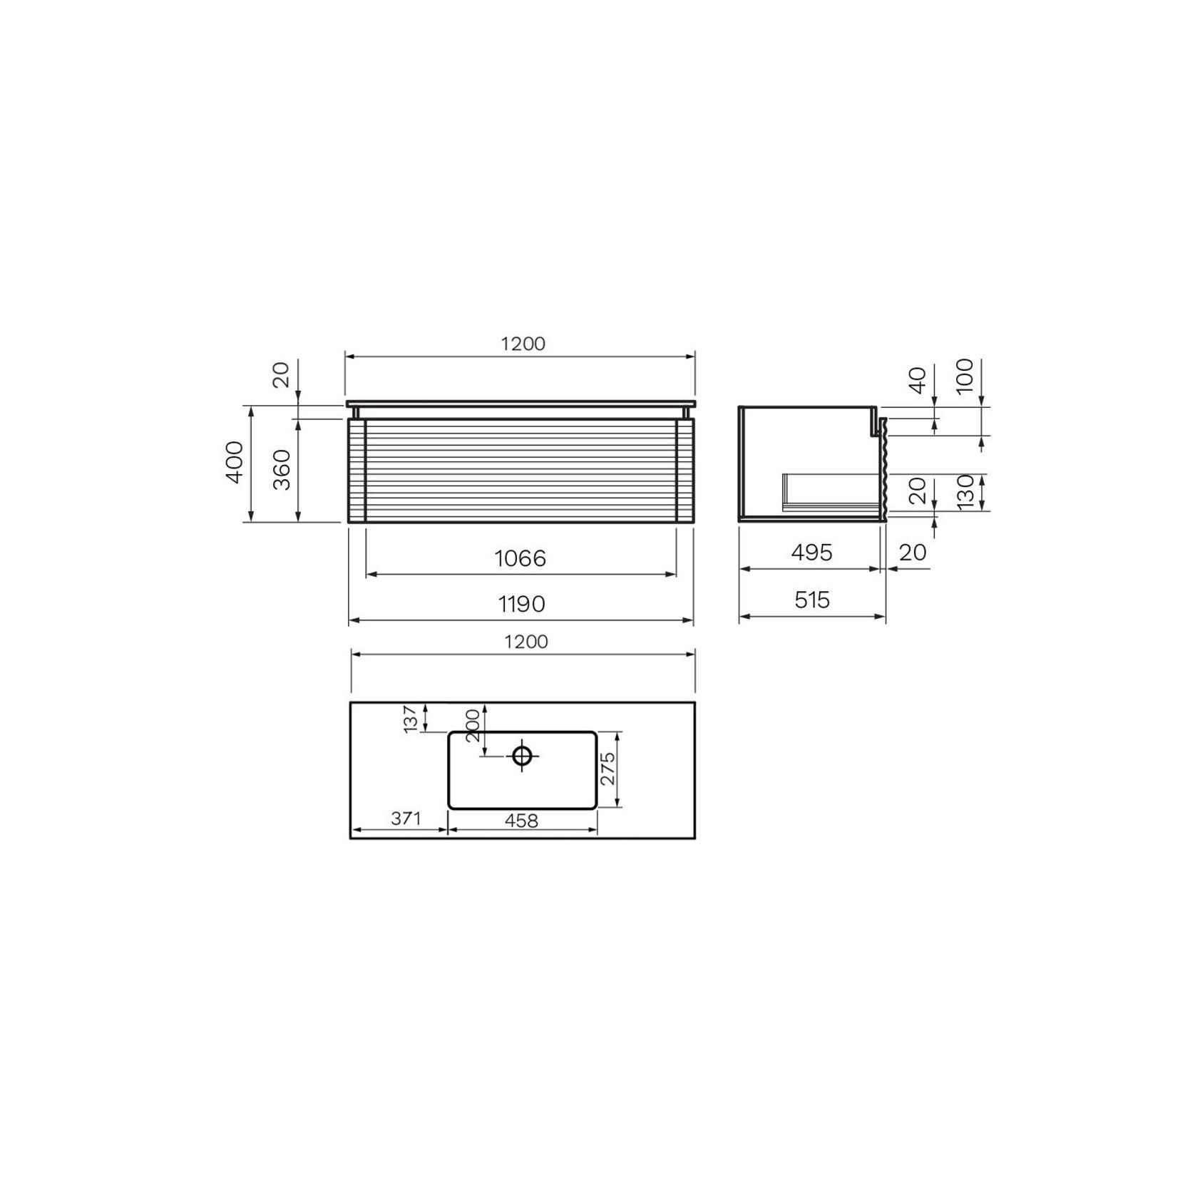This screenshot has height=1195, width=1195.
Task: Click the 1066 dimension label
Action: click(520, 558)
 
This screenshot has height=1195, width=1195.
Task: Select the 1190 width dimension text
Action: click(521, 605)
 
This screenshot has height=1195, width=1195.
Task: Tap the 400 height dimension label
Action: click(235, 462)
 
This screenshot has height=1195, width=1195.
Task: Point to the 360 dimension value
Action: click(283, 469)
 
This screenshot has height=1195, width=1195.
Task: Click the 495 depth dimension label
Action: click(811, 553)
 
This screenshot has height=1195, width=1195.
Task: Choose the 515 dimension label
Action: click(812, 600)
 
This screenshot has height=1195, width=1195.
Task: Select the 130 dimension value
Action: click(965, 491)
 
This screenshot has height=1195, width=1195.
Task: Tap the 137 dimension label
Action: click(410, 719)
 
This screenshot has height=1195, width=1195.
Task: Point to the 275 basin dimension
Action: click(607, 769)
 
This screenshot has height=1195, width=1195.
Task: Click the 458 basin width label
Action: click(521, 821)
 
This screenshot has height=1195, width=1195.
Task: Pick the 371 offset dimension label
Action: click(405, 819)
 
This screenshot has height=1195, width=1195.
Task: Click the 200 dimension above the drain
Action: click(472, 726)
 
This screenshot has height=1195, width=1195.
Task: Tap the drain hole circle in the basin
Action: click(522, 755)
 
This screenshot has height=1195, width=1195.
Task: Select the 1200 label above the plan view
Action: click(525, 642)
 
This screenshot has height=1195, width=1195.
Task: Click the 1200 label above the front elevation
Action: click(523, 344)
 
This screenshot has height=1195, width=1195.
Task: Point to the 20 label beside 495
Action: click(913, 553)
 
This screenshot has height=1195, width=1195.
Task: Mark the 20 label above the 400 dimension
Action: click(282, 374)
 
